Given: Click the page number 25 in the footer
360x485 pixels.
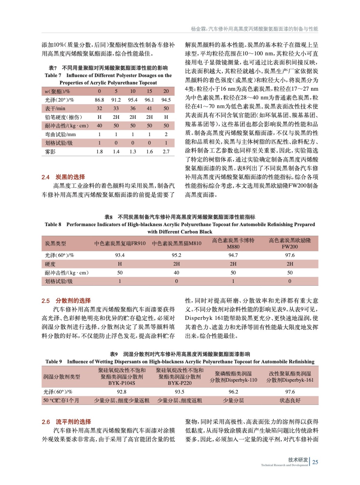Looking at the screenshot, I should point(315,462).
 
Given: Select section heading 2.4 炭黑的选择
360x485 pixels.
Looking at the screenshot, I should point(63,177).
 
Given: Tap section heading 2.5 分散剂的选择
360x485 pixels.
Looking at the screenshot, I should point(66,301).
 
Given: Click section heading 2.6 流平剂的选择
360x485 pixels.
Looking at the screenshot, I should point(66,422).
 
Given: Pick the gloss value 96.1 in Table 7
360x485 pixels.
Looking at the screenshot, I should point(149,100).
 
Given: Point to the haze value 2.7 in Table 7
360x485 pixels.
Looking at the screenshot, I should point(166,152).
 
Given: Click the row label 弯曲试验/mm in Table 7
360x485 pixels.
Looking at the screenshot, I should point(60,134).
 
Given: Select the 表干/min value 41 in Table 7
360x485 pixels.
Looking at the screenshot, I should point(149,108).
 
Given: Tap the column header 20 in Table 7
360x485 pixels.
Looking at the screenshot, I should point(166,91).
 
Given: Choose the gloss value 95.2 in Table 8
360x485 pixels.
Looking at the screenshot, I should point(177,255).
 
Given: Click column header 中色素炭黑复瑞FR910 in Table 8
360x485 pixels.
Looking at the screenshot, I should point(120,243).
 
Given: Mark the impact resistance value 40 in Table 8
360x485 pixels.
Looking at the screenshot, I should point(177,273).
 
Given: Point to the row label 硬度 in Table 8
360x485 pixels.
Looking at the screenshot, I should point(50,264).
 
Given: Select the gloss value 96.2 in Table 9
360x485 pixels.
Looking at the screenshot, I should point(233,392).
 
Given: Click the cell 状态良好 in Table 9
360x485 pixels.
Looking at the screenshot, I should point(290,400).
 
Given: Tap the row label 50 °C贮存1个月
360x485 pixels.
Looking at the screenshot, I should point(61,400).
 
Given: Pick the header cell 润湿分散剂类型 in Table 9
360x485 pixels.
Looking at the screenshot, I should point(62,377).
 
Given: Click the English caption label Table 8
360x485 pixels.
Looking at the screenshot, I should point(53,224).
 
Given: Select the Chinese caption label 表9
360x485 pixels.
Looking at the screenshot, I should point(114,354).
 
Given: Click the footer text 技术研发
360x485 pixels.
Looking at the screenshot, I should point(298,460).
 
